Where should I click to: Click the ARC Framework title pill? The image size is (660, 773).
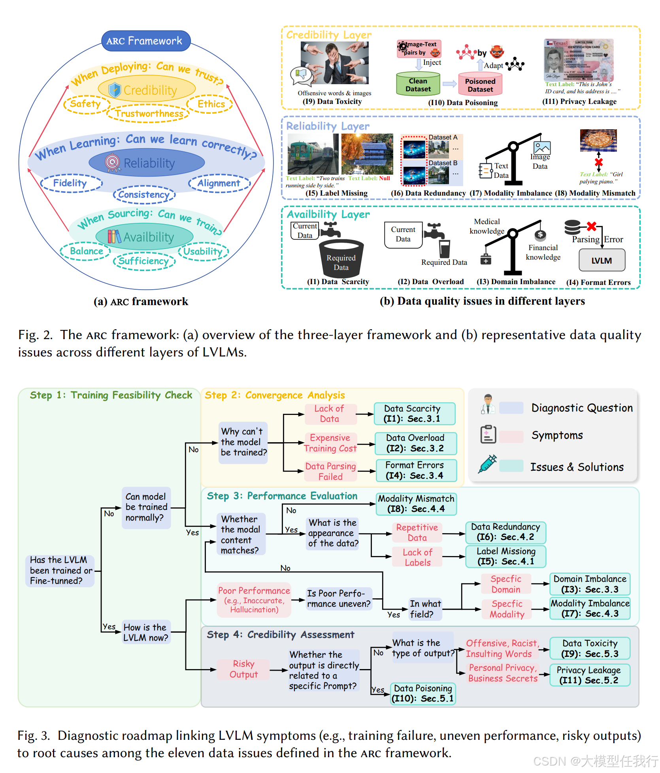[x=146, y=41]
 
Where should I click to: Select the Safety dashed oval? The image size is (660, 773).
[x=85, y=104]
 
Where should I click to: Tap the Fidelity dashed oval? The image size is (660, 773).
[x=71, y=183]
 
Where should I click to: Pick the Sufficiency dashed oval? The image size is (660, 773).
[x=144, y=261]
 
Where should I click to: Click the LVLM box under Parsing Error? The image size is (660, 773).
[x=602, y=260]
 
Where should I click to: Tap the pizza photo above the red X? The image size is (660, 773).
[x=598, y=140]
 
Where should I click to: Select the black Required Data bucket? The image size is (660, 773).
[x=341, y=258]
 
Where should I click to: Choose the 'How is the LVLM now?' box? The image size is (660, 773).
[x=146, y=632]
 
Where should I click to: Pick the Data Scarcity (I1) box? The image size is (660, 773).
[x=414, y=413]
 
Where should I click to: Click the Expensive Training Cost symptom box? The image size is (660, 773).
[x=330, y=443]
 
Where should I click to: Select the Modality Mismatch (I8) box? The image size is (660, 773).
[x=416, y=504]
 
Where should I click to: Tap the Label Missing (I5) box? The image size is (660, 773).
[x=506, y=556]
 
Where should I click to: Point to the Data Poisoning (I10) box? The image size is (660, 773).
[x=422, y=693]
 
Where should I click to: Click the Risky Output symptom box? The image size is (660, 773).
[x=243, y=669]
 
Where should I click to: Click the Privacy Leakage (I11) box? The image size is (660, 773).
[x=588, y=675]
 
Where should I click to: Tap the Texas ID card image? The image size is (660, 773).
[x=579, y=60]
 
